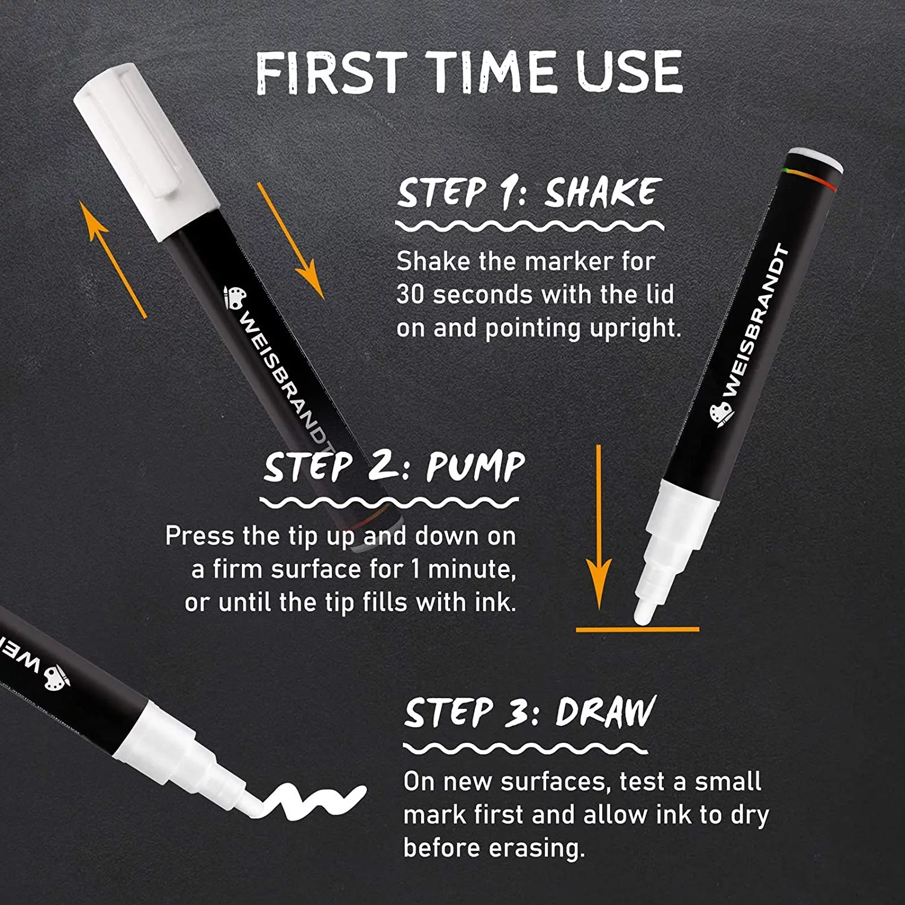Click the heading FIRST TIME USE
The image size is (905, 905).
(x=469, y=72)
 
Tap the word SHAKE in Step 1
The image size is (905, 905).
(x=600, y=192)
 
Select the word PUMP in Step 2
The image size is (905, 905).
(x=476, y=466)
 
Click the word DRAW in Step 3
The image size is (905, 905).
(x=605, y=712)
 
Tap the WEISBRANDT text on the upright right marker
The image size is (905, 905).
(x=757, y=320)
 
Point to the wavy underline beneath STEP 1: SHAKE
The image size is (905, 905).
(x=529, y=226)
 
